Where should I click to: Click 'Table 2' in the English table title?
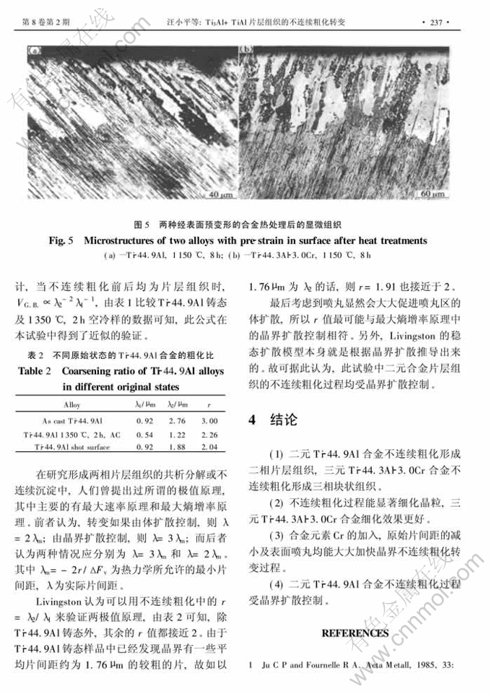tap(48, 371)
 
